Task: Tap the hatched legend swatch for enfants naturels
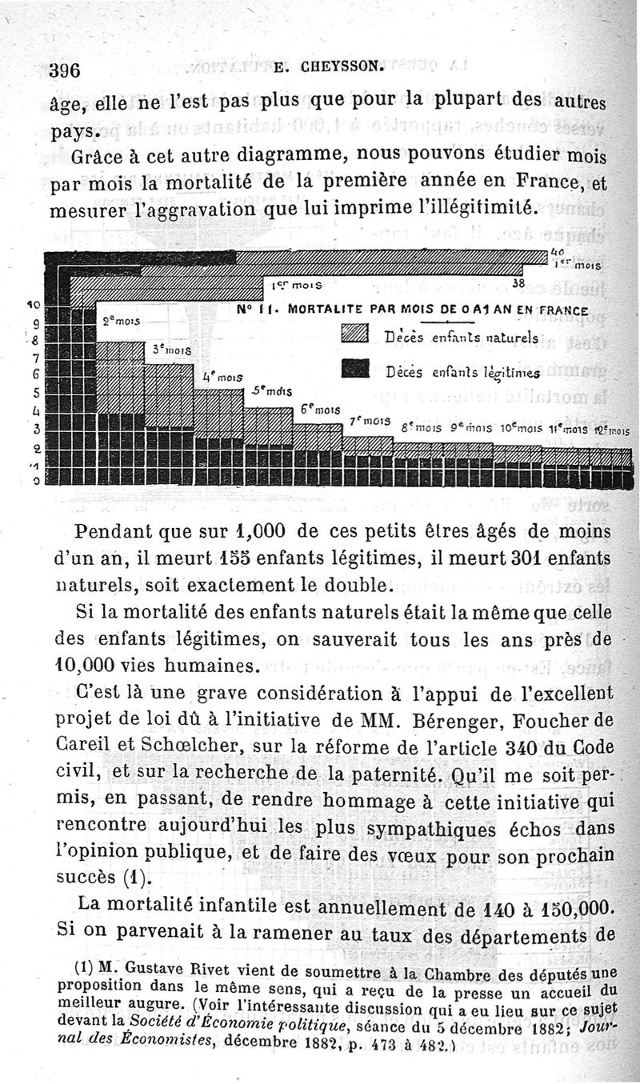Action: [354, 334]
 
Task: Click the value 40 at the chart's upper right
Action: [558, 252]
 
